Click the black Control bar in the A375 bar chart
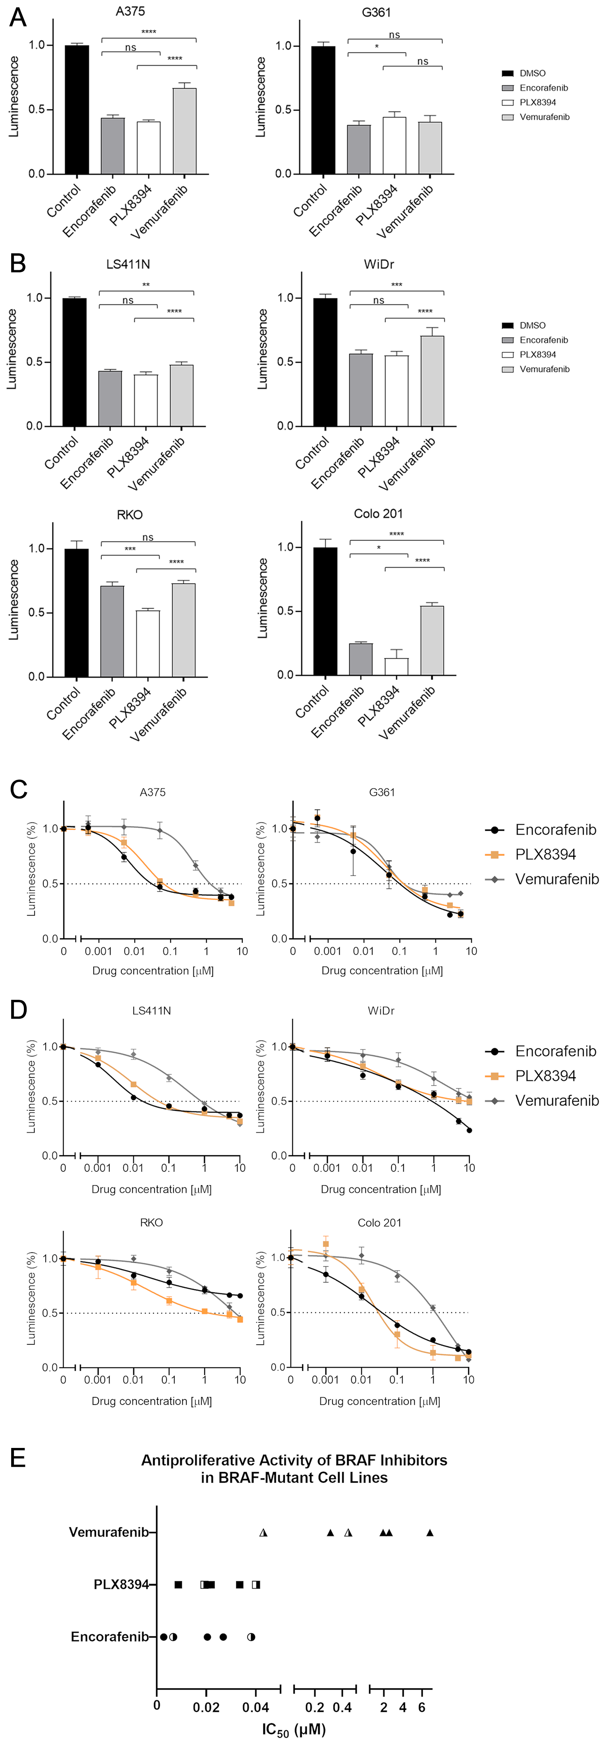(77, 110)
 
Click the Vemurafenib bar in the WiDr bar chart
(432, 381)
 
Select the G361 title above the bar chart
(376, 12)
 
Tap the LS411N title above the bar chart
(128, 264)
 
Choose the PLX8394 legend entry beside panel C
(545, 854)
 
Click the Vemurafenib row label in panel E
(108, 1532)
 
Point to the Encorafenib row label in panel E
(109, 1636)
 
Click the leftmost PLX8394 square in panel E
(178, 1584)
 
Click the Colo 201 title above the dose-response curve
(380, 1223)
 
